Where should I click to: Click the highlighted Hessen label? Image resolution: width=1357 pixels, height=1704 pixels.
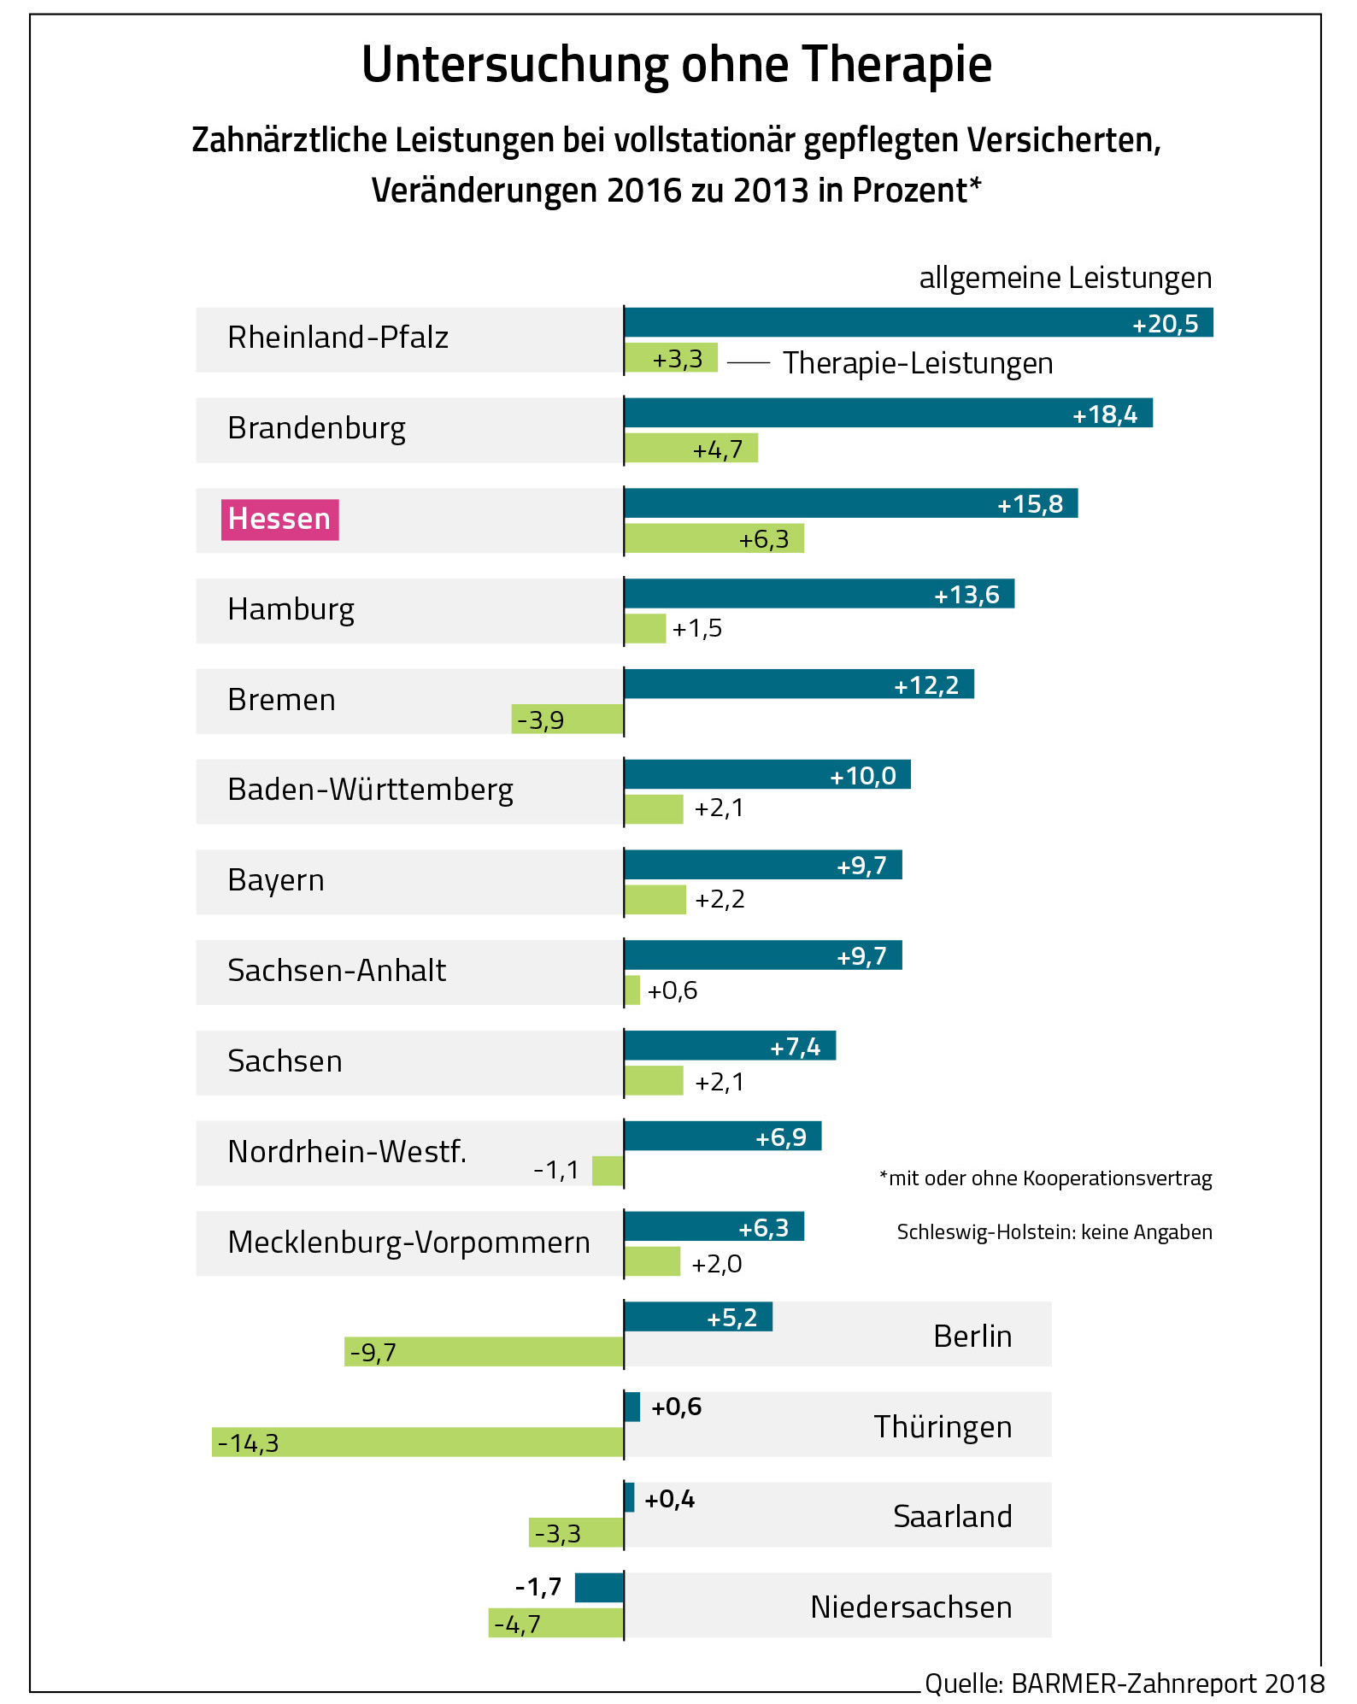[x=279, y=520]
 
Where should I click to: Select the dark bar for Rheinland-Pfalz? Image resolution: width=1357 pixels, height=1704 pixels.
[x=918, y=322]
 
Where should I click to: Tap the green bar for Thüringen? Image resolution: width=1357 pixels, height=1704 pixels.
[x=418, y=1443]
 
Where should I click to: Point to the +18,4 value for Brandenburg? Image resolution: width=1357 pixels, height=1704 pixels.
[x=1105, y=414]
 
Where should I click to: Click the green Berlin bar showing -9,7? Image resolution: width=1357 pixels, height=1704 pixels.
[x=484, y=1352]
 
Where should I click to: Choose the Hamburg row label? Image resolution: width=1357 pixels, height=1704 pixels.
[x=291, y=610]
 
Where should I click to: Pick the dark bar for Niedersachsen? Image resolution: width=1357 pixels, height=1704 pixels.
[x=599, y=1588]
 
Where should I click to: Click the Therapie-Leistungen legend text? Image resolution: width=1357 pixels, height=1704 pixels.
[x=918, y=363]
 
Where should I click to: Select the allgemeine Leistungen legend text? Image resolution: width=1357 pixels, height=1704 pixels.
[x=1065, y=278]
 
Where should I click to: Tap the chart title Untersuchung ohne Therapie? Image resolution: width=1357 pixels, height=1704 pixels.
[x=677, y=65]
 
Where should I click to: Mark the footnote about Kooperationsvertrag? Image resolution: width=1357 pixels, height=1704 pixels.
[x=1045, y=1178]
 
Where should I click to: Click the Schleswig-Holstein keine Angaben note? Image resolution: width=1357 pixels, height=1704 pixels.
[x=1054, y=1232]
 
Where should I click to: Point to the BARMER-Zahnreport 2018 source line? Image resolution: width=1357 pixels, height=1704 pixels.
[x=1124, y=1683]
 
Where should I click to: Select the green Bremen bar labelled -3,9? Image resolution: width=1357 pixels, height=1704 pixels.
[x=567, y=720]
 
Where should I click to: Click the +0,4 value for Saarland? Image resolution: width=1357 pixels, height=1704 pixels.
[x=669, y=1500]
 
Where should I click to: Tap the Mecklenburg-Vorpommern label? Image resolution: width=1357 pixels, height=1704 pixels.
[x=408, y=1243]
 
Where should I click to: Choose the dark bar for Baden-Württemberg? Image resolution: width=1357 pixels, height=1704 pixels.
[x=767, y=774]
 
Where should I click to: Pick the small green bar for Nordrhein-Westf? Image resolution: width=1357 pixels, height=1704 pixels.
[x=608, y=1171]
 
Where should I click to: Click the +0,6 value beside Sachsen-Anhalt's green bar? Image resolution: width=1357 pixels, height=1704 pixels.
[x=673, y=990]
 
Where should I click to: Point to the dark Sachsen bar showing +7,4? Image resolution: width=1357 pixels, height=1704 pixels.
[x=729, y=1046]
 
